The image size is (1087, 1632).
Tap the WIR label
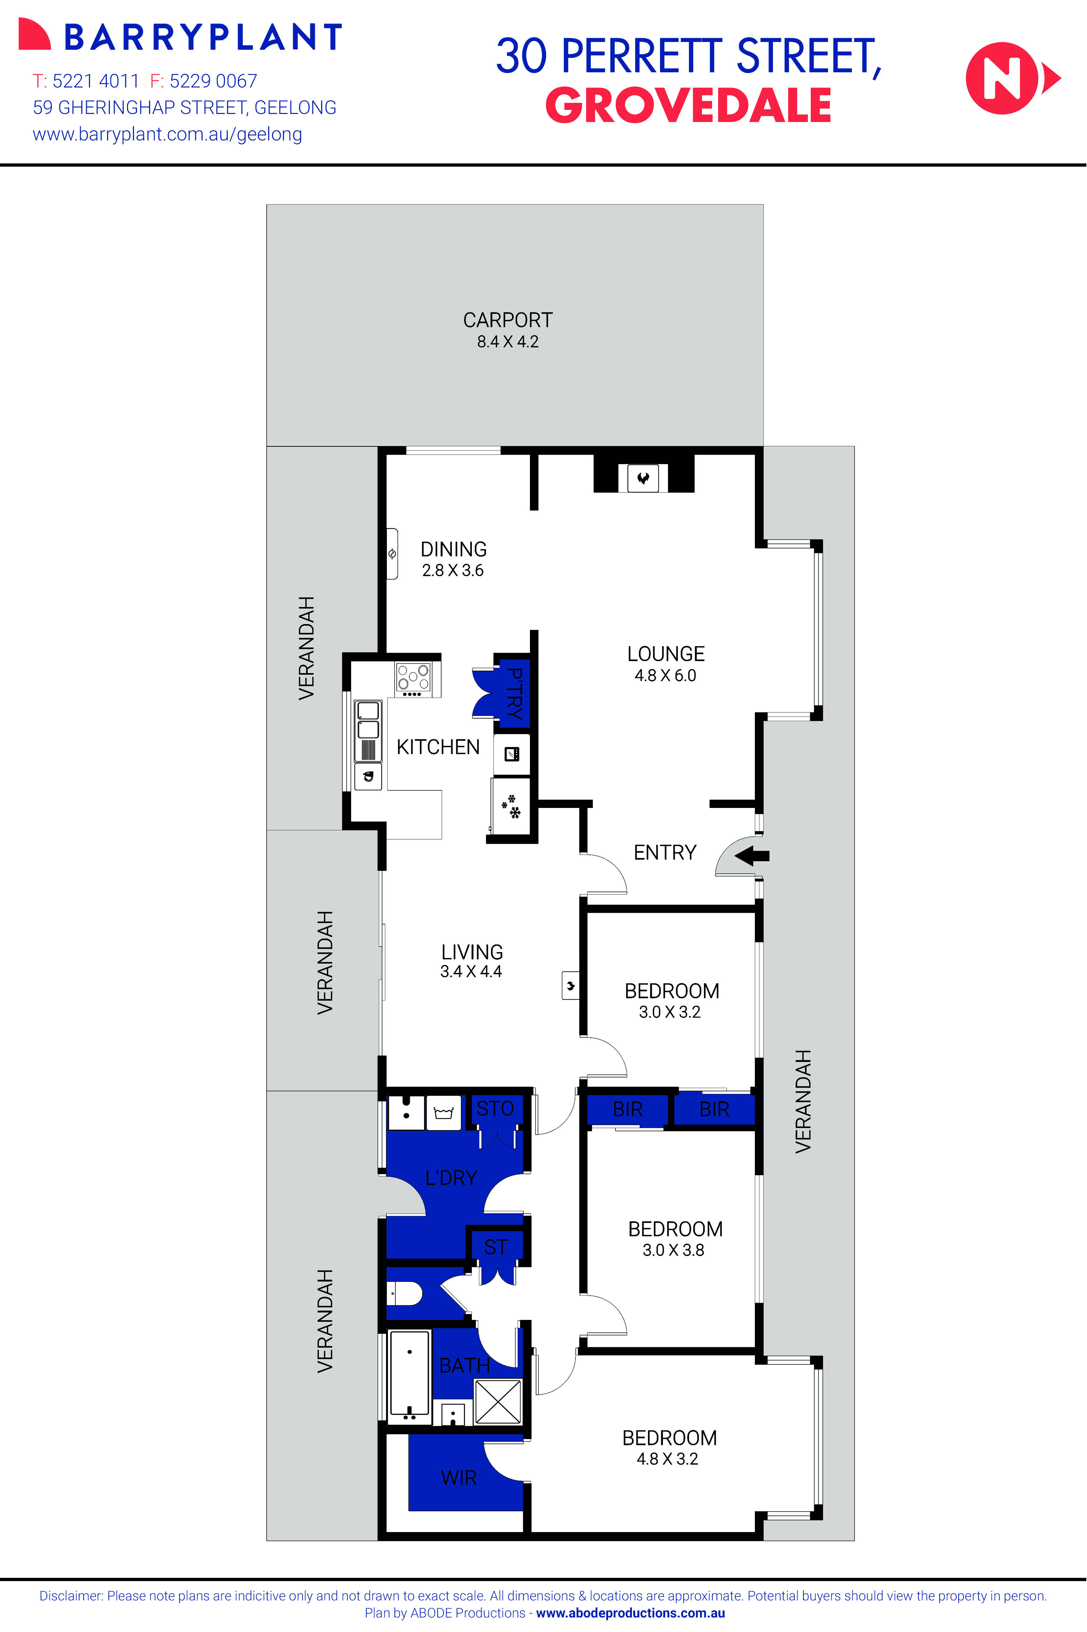459,1477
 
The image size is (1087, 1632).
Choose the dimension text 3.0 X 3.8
673,1250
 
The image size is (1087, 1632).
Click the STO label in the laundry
495,1108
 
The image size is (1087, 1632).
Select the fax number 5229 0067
213,81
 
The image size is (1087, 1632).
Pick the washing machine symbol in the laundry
443,1113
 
